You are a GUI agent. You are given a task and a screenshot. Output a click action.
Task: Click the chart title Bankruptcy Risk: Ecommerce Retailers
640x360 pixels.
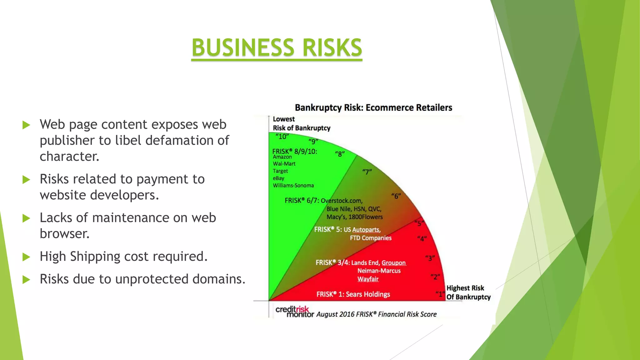(373, 108)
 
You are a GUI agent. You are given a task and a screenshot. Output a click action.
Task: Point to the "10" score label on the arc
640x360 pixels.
(282, 137)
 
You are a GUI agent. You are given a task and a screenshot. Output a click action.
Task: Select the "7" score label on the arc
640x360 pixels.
(367, 172)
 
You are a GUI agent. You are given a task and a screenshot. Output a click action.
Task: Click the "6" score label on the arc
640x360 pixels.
(396, 196)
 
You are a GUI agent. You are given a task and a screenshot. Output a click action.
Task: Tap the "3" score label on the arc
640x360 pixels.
(430, 258)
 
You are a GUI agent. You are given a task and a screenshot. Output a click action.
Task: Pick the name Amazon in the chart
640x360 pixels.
(282, 157)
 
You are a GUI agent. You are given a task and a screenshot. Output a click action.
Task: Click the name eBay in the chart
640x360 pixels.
(278, 178)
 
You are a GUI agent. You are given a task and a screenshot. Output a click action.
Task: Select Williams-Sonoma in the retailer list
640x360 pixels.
(293, 185)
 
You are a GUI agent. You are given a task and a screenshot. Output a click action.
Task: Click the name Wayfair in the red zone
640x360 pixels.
(368, 279)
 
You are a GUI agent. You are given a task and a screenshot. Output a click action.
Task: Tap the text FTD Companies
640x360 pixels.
(371, 238)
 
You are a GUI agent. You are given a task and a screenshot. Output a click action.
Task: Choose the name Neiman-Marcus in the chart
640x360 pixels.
(379, 271)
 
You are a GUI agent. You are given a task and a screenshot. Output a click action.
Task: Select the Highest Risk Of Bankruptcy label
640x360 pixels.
(468, 292)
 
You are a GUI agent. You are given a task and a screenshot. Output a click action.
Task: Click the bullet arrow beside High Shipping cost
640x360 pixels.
(26, 257)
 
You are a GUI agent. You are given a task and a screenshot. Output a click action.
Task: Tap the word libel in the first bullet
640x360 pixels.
(128, 140)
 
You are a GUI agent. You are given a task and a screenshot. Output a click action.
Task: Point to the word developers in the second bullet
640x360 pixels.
(124, 195)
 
